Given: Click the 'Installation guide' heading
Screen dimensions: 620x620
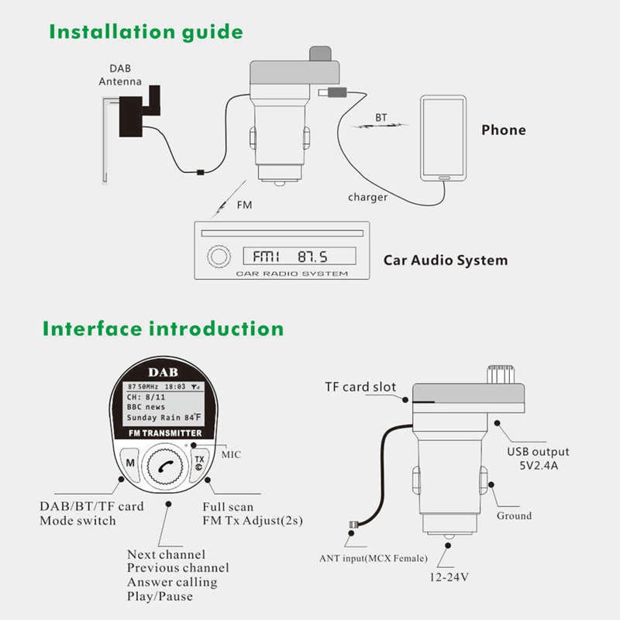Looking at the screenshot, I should pyautogui.click(x=146, y=33).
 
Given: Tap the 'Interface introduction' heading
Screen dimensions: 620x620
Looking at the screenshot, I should pyautogui.click(x=163, y=328).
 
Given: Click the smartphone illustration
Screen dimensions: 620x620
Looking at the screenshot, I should pyautogui.click(x=443, y=138).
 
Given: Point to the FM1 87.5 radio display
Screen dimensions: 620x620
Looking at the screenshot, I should pyautogui.click(x=299, y=256).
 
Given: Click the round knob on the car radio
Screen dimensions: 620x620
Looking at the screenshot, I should pyautogui.click(x=215, y=257).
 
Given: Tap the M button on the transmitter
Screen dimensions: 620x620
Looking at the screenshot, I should pyautogui.click(x=130, y=463).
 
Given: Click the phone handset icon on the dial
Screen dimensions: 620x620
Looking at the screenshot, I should pyautogui.click(x=165, y=465).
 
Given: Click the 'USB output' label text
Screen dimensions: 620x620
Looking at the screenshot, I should pyautogui.click(x=538, y=452).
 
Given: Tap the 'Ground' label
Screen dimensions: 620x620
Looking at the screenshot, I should pyautogui.click(x=515, y=515).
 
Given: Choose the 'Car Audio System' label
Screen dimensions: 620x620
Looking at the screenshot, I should pyautogui.click(x=446, y=260).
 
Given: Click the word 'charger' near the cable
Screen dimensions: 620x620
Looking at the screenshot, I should pyautogui.click(x=367, y=198).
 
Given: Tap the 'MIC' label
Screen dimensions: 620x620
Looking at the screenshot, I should pyautogui.click(x=231, y=454).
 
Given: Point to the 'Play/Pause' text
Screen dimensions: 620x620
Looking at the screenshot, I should pyautogui.click(x=160, y=596).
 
